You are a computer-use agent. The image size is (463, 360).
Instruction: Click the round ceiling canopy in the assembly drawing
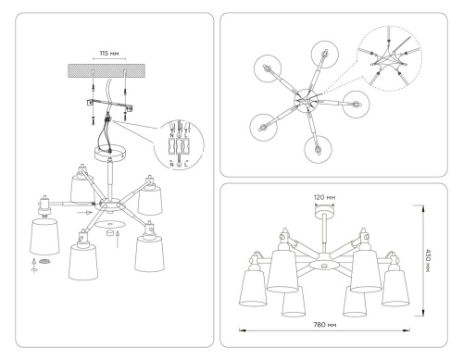109,152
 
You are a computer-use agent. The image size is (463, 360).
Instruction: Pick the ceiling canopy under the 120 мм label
326,217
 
